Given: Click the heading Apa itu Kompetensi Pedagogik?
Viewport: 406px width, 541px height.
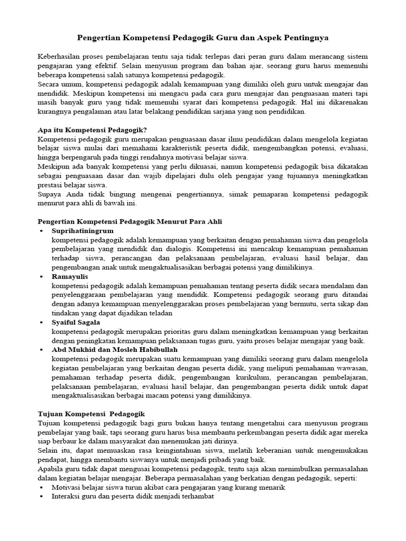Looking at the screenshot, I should pos(93,130).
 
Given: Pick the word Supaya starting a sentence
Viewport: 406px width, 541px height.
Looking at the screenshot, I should pos(51,194).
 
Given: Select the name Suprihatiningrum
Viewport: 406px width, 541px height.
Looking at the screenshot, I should pos(82,231).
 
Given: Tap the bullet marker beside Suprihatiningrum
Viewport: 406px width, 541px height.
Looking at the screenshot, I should pos(41,231).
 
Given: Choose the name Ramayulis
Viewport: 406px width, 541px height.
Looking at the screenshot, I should pos(70,276).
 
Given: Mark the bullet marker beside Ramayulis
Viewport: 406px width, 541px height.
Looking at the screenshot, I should pos(41,277).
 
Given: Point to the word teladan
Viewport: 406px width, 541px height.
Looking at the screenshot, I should pos(156,313).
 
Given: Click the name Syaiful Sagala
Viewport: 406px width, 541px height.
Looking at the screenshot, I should pos(76,322).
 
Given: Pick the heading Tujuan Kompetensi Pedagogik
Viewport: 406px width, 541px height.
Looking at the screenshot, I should pos(91,414).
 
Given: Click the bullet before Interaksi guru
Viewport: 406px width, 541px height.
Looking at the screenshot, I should pos(41,497).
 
